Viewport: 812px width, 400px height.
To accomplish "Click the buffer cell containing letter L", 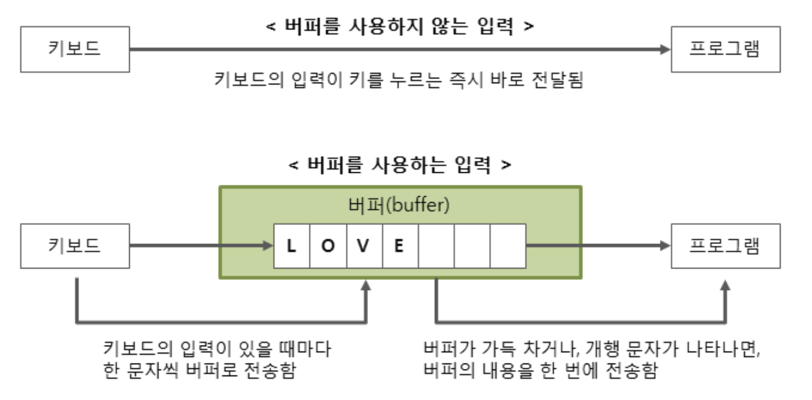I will pyautogui.click(x=291, y=246).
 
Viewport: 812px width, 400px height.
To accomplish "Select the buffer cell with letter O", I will pyautogui.click(x=328, y=246).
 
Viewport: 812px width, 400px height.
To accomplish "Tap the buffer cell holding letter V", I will pyautogui.click(x=364, y=246).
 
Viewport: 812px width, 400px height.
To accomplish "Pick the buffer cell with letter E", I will pyautogui.click(x=400, y=246).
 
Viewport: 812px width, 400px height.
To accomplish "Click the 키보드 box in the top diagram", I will pyautogui.click(x=75, y=49).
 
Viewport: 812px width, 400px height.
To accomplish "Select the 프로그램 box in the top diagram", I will pyautogui.click(x=726, y=49).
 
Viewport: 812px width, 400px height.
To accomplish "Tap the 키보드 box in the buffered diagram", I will pyautogui.click(x=75, y=246).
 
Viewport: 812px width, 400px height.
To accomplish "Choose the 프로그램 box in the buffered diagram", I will pyautogui.click(x=726, y=246).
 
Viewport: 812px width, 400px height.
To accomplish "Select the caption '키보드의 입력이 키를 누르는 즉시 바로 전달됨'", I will pyautogui.click(x=399, y=81).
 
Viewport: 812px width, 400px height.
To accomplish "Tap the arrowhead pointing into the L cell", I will pyautogui.click(x=268, y=246).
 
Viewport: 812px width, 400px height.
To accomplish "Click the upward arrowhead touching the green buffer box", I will pyautogui.click(x=367, y=285).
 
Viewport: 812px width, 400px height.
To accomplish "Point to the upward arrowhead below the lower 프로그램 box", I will pyautogui.click(x=726, y=285).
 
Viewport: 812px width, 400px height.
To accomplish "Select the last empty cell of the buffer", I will pyautogui.click(x=507, y=246).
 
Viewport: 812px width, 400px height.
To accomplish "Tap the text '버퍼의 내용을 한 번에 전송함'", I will pyautogui.click(x=540, y=371).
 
